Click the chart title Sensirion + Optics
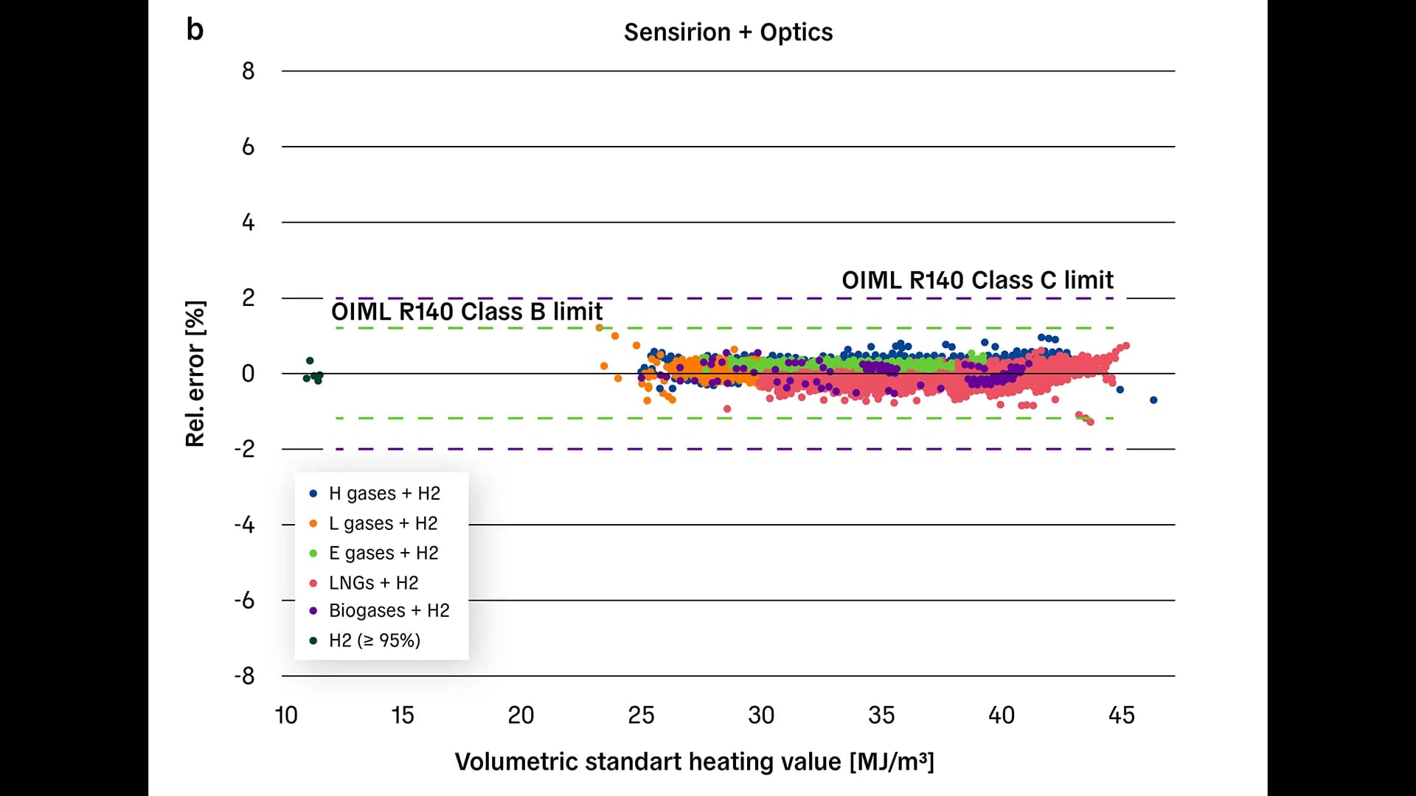coord(728,32)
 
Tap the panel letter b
coord(195,30)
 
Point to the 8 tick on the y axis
coord(248,71)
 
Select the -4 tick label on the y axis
coord(244,525)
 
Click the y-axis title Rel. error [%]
coord(195,374)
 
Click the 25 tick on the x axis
coord(641,715)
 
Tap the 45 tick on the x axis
coord(1122,715)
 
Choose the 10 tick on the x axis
coord(286,715)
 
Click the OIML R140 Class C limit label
coord(977,280)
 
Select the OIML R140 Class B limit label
coord(467,312)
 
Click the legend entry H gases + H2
coord(383,493)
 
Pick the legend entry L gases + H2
coord(382,523)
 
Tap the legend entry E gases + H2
coord(383,553)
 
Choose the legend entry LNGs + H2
coord(372,583)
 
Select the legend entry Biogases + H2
coord(388,610)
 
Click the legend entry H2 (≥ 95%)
coord(374,640)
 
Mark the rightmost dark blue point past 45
coord(1153,400)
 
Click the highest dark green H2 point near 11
coord(310,360)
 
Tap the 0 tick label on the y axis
coord(248,374)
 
